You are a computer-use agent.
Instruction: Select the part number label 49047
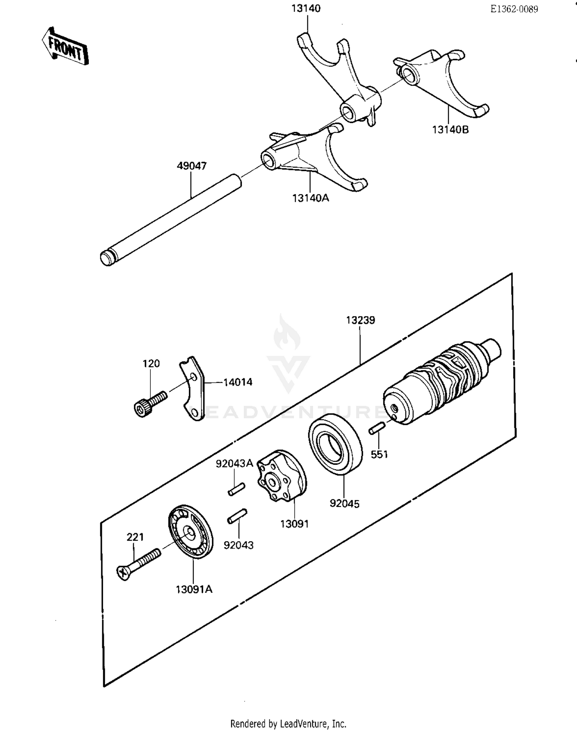192,166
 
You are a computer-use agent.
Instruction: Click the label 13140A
310,198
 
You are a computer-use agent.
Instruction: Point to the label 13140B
450,130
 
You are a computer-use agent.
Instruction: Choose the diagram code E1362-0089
514,10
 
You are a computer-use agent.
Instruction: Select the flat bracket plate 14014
192,388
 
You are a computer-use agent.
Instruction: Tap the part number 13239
360,320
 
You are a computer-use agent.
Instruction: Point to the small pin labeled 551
377,429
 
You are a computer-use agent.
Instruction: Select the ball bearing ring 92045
335,444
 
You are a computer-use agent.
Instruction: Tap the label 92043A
234,464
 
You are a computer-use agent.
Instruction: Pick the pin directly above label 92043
237,516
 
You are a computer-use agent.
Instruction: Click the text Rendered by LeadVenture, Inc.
288,724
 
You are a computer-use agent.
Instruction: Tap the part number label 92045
344,504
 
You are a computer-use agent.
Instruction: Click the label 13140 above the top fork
305,8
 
